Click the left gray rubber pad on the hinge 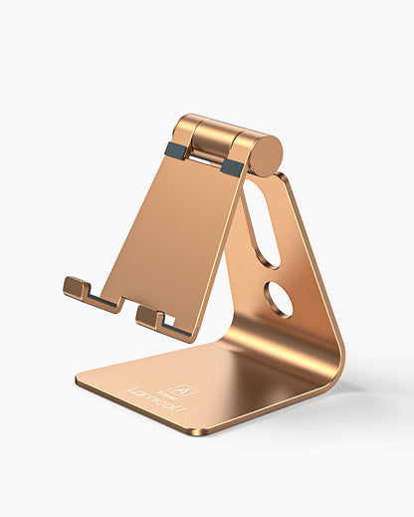pyautogui.click(x=176, y=151)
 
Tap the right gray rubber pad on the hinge pyautogui.click(x=233, y=166)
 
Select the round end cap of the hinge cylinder pyautogui.click(x=266, y=154)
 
